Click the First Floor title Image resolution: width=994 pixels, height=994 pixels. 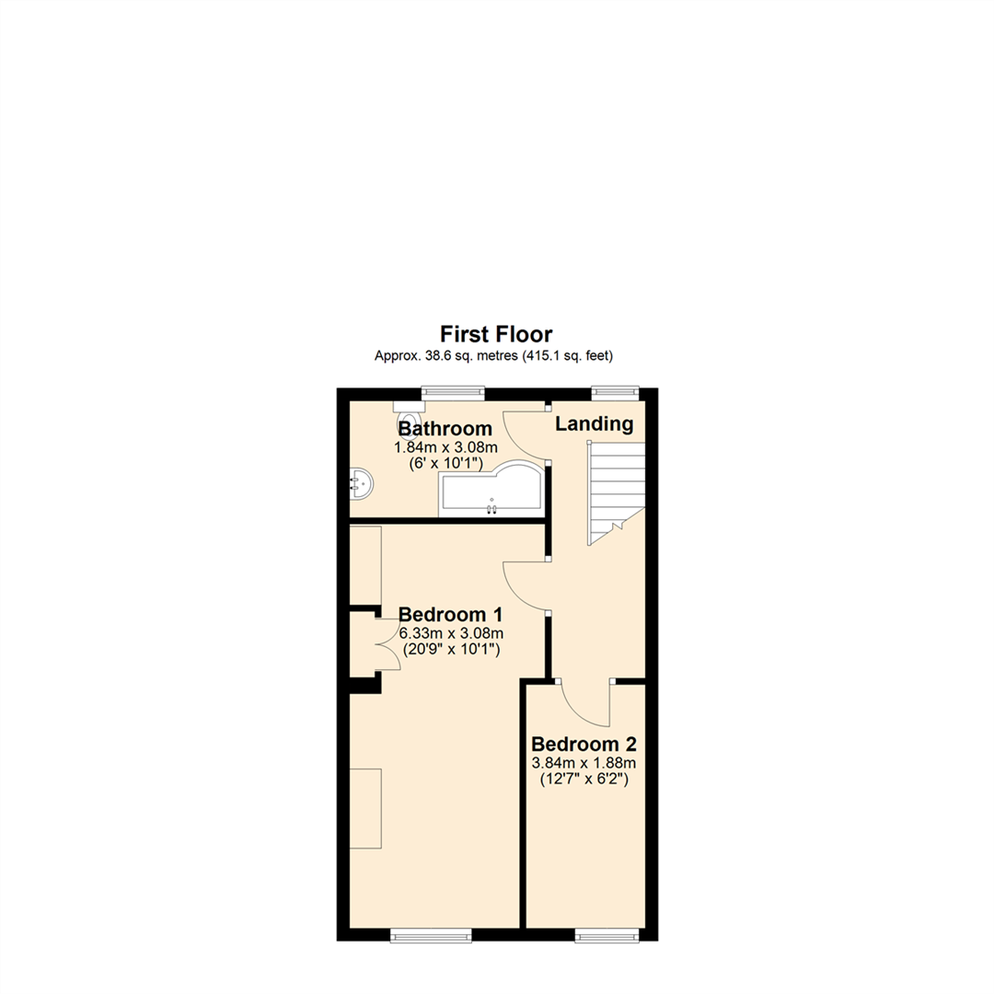point(496,334)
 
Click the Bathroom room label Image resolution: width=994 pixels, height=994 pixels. point(445,429)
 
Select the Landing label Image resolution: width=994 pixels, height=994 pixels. point(594,424)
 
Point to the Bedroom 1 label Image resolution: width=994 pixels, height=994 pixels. point(450,614)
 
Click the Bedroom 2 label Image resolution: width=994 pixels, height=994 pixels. point(584,744)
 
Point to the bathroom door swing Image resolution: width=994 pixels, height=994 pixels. point(525,433)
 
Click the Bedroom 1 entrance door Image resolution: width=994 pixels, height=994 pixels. point(525,584)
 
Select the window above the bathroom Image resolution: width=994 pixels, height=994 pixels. point(452,392)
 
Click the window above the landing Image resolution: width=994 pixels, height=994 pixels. point(614,392)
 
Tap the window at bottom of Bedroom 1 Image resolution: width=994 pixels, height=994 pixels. point(431,935)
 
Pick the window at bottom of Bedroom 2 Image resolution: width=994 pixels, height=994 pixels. point(606,935)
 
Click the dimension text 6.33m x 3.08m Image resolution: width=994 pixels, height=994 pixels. point(451,633)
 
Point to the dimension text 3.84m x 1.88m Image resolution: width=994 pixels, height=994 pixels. point(584,763)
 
